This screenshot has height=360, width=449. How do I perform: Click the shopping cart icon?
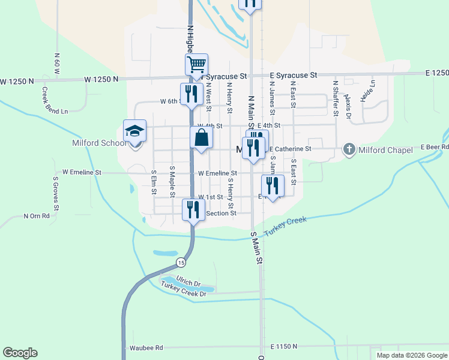pos(196,64)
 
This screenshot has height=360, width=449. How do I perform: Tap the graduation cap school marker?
pos(135,131)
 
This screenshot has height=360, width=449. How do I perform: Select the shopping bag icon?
pos(202,138)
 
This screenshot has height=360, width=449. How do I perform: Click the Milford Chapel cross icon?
pos(349,149)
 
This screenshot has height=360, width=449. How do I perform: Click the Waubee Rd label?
pos(146,347)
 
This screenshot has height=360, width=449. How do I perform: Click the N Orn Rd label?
pos(37,215)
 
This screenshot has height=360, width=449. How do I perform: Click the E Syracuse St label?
pos(293,76)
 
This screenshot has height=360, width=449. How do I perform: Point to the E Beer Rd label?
pos(435,146)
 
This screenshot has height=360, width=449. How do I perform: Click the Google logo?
pos(20,353)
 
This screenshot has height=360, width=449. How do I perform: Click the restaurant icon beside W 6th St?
pos(191,94)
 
